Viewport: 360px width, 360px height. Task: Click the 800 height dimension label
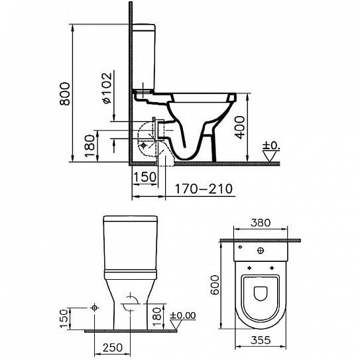64,94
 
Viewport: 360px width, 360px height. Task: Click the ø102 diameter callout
107,88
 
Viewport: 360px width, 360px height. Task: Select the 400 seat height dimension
240,128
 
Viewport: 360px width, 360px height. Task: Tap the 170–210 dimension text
204,189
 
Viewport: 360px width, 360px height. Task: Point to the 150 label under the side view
145,177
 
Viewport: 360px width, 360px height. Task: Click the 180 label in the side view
90,146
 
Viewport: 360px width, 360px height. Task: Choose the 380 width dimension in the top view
261,223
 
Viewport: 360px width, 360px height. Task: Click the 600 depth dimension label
215,285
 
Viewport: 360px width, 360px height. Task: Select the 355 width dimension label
261,340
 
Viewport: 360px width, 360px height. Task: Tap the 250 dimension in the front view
113,347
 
